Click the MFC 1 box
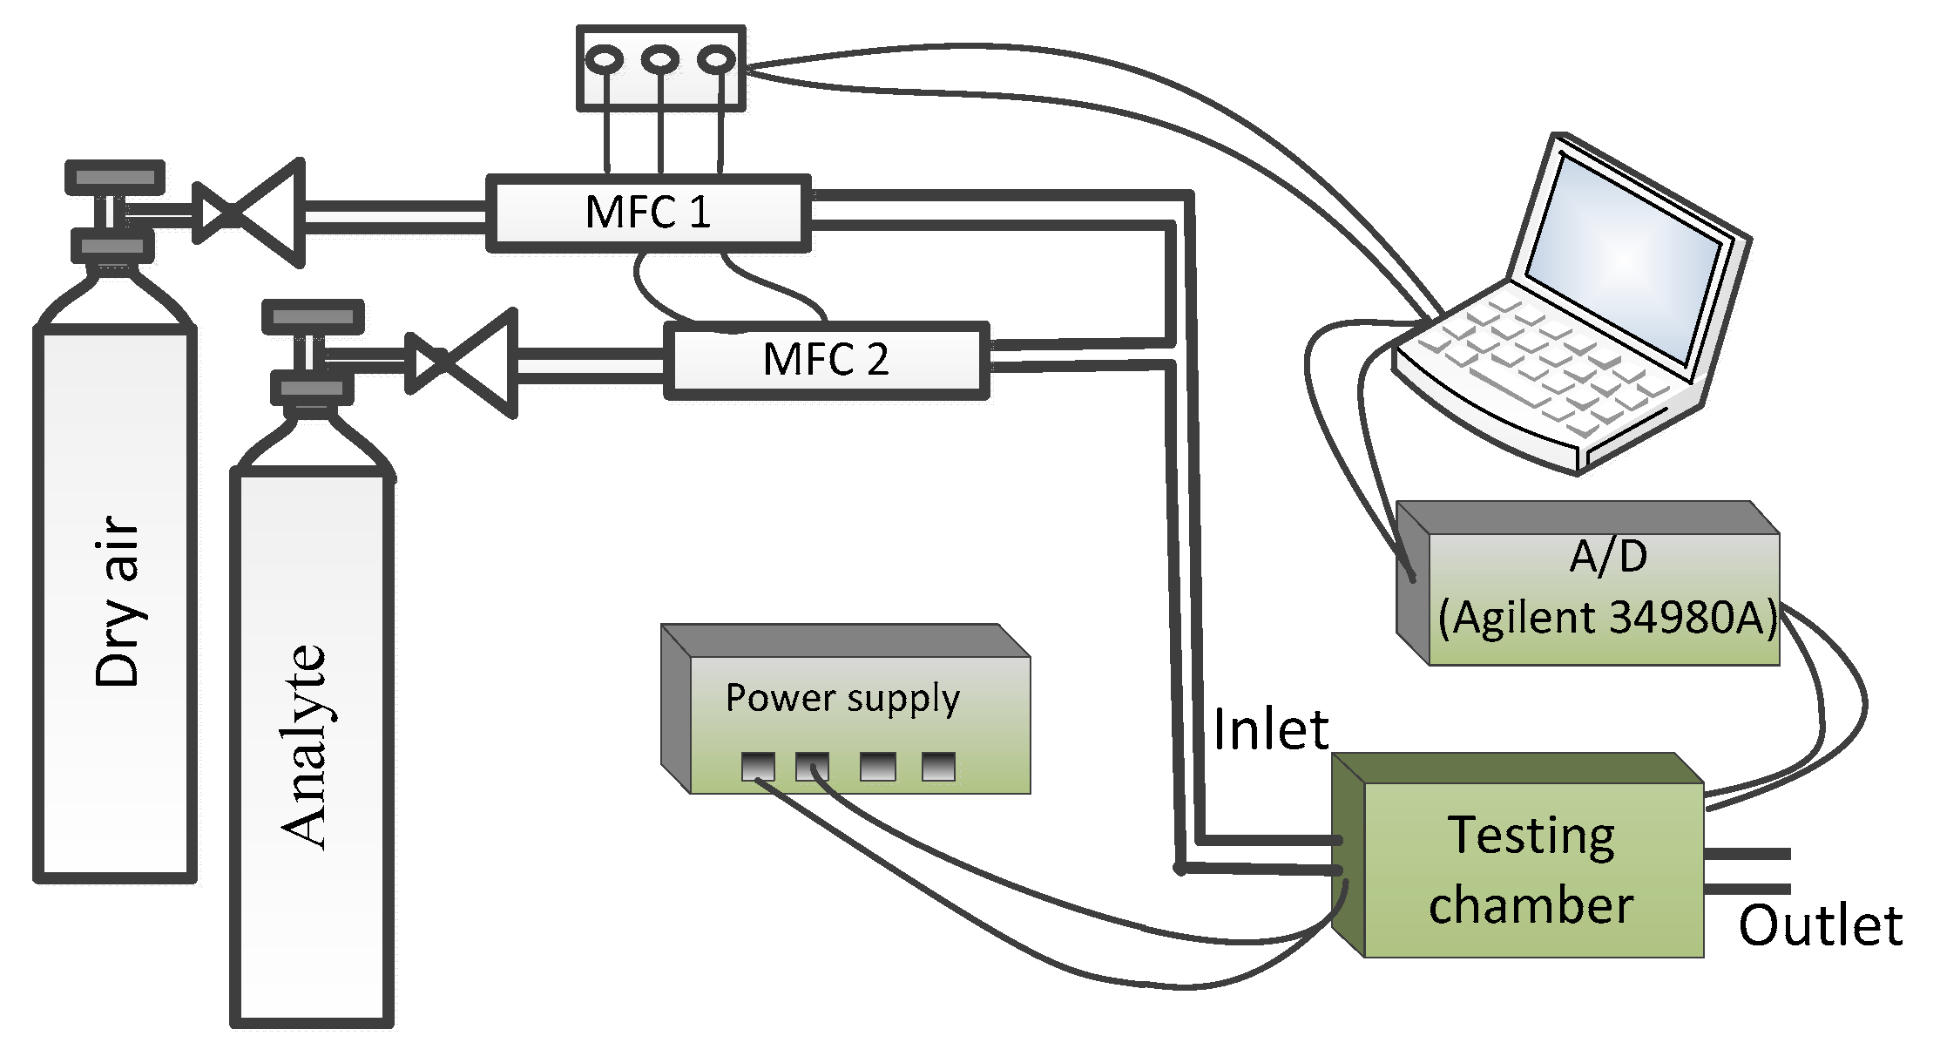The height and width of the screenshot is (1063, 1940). point(647,213)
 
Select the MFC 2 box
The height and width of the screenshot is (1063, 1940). point(826,360)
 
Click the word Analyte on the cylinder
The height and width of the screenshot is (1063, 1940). point(304,747)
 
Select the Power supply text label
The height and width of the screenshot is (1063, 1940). point(842,699)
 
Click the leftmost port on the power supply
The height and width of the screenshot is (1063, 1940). point(757,767)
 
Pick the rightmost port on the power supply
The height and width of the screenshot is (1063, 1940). point(938,767)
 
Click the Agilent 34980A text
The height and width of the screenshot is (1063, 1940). point(1607,619)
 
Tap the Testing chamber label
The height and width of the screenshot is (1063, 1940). point(1531,870)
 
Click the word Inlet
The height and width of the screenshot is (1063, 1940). point(1271,729)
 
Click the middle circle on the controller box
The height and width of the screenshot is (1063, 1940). point(660,60)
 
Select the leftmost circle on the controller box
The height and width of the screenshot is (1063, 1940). point(605,60)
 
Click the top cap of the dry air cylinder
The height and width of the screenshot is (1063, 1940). point(115,177)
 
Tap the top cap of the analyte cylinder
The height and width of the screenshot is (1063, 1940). point(313,317)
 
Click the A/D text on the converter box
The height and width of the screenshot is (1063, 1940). point(1608,557)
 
